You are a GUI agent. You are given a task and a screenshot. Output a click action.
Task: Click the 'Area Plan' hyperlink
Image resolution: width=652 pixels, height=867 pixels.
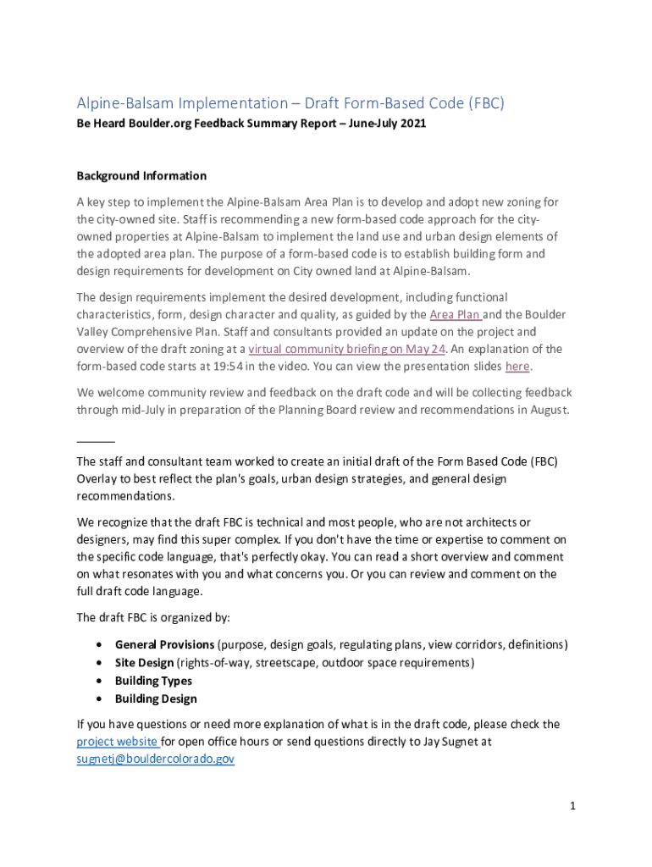point(456,315)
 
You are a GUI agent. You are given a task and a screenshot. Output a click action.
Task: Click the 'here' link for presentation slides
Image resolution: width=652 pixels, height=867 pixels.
point(517,367)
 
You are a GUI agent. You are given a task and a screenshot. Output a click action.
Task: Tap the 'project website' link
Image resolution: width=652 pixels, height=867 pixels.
point(116,742)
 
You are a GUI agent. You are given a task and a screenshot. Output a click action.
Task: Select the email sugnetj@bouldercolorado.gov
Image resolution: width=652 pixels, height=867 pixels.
point(155,759)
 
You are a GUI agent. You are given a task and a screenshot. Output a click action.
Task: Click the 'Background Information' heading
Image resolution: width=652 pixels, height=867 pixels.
point(141,176)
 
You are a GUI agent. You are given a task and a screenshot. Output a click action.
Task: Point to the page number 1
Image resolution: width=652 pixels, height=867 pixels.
point(572,806)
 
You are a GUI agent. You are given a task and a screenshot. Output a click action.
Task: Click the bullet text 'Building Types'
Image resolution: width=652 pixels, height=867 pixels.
point(153,681)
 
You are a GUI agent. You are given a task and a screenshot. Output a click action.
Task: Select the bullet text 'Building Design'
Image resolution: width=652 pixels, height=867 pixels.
point(156,699)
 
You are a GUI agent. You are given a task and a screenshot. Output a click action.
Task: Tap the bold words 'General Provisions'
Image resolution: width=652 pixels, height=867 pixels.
point(164,645)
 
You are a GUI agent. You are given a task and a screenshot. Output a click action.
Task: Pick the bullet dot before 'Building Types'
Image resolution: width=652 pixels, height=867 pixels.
point(101,681)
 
